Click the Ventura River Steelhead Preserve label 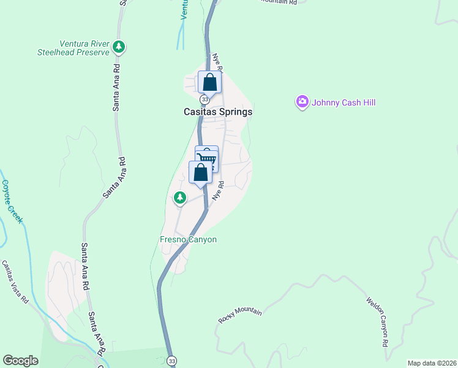pos(84,48)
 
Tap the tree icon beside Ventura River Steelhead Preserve pos(119,47)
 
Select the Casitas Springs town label pos(218,112)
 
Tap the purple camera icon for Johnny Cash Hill pos(302,102)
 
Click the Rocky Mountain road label pos(240,316)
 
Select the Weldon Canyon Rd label pos(377,322)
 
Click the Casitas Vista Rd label pos(15,282)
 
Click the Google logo pos(20,361)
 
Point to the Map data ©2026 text pos(431,363)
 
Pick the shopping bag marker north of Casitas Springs pos(209,82)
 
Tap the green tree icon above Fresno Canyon pos(179,197)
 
